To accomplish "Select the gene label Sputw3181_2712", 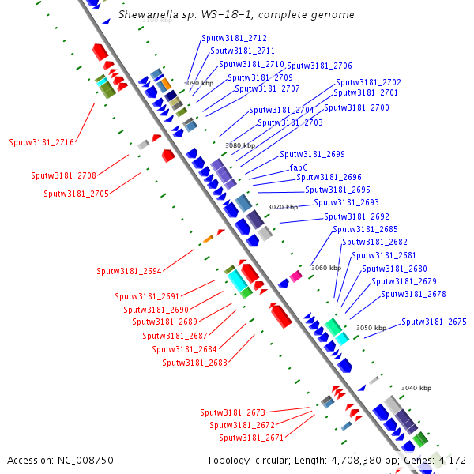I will pos(234,38).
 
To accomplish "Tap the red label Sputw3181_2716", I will pos(41,143).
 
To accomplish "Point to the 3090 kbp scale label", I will pos(198,82).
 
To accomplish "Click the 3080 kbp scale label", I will pos(240,145).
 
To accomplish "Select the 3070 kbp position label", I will pos(283,207).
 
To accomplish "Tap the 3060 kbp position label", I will pos(325,268).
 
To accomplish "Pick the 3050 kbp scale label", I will pos(371,328).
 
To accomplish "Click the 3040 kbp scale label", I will pos(416,388).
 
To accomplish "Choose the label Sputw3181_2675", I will pos(434,322).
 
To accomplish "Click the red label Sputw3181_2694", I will pos(129,272).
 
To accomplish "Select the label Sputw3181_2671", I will pos(251,438).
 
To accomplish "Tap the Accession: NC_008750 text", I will pos(60,460).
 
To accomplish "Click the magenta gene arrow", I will pos(295,276).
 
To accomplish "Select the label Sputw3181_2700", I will pos(356,107).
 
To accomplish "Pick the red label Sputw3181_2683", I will pos(194,363).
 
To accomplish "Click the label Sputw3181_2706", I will pos(319,66).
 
